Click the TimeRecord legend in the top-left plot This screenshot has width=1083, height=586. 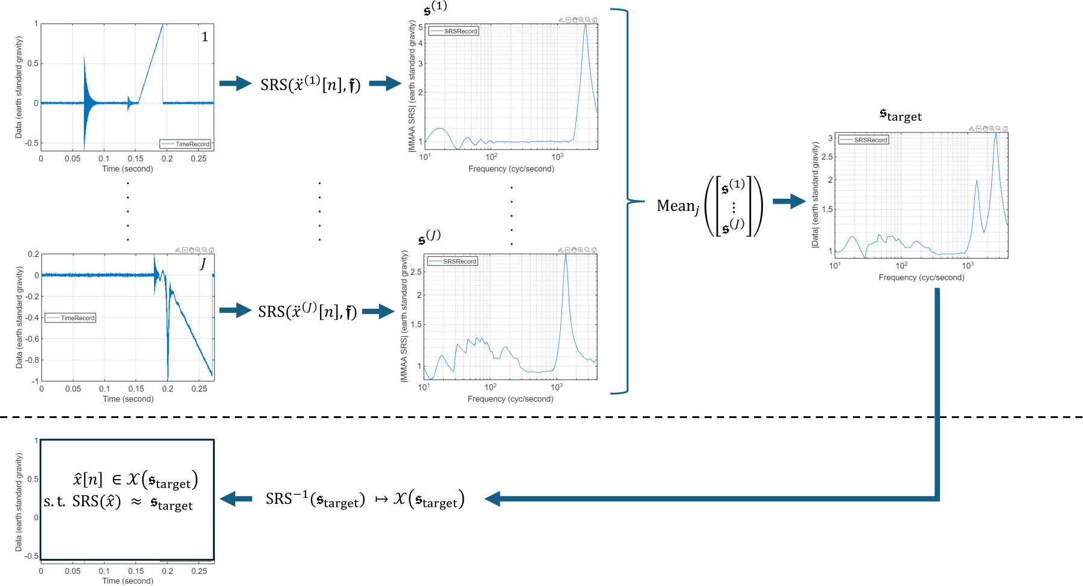pyautogui.click(x=185, y=144)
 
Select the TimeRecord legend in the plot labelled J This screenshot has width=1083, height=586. pyautogui.click(x=70, y=318)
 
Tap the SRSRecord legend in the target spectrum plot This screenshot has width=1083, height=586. pyautogui.click(x=864, y=140)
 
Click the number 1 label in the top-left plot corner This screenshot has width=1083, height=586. pyautogui.click(x=205, y=37)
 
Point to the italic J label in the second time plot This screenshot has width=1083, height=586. pyautogui.click(x=203, y=263)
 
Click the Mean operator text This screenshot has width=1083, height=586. pyautogui.click(x=678, y=207)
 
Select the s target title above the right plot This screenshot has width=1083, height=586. pyautogui.click(x=901, y=115)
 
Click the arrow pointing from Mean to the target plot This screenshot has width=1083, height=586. pyautogui.click(x=789, y=202)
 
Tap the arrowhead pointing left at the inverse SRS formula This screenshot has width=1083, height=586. pyautogui.click(x=493, y=498)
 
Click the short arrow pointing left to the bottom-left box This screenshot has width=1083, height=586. pyautogui.click(x=236, y=499)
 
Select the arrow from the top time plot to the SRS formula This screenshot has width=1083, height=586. pyautogui.click(x=235, y=83)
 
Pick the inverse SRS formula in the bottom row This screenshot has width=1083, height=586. pyautogui.click(x=365, y=499)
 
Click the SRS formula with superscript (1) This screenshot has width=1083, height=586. pyautogui.click(x=310, y=84)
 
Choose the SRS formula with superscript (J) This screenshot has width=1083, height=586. pyautogui.click(x=307, y=311)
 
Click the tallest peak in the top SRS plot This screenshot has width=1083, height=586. pyautogui.click(x=585, y=25)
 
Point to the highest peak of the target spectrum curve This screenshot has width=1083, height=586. pyautogui.click(x=996, y=134)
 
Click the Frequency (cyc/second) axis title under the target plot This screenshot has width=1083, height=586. pyautogui.click(x=921, y=277)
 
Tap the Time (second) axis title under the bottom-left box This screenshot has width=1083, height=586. pyautogui.click(x=128, y=581)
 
